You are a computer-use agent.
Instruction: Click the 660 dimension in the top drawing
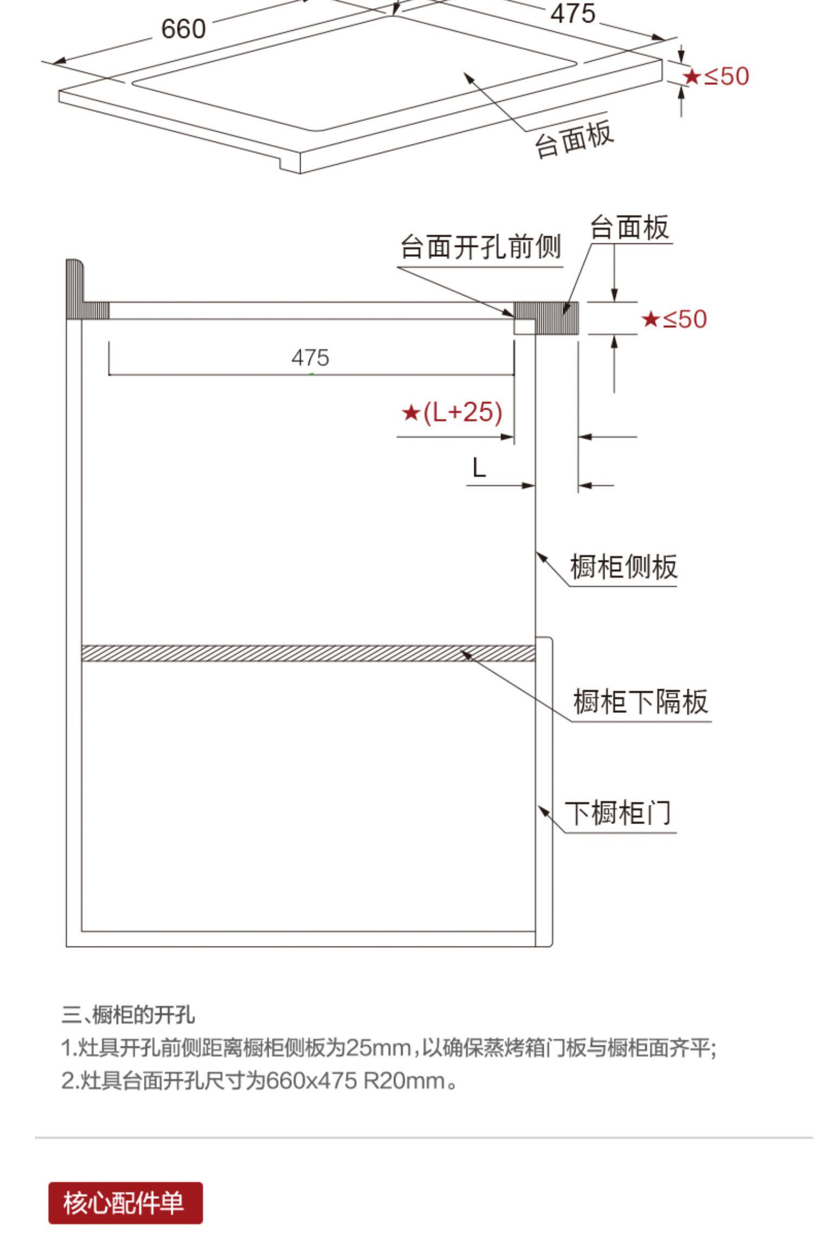(x=183, y=29)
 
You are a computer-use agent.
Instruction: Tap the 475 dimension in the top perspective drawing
(x=573, y=13)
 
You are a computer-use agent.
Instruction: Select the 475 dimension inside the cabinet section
(x=310, y=358)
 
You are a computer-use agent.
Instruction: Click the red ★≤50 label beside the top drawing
(x=715, y=76)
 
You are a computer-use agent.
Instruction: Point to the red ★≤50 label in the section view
(x=674, y=319)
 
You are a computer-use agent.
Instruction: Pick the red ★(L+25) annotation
(x=451, y=413)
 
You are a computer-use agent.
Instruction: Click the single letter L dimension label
(x=479, y=467)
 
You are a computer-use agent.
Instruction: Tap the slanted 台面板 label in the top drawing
(x=574, y=139)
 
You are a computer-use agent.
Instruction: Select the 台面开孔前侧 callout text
(x=480, y=247)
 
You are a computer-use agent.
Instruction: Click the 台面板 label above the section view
(x=629, y=227)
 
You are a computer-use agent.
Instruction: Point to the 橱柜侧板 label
(x=624, y=567)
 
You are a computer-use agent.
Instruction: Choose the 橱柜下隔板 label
(x=640, y=701)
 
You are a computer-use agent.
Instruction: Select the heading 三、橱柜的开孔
(x=128, y=1014)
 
